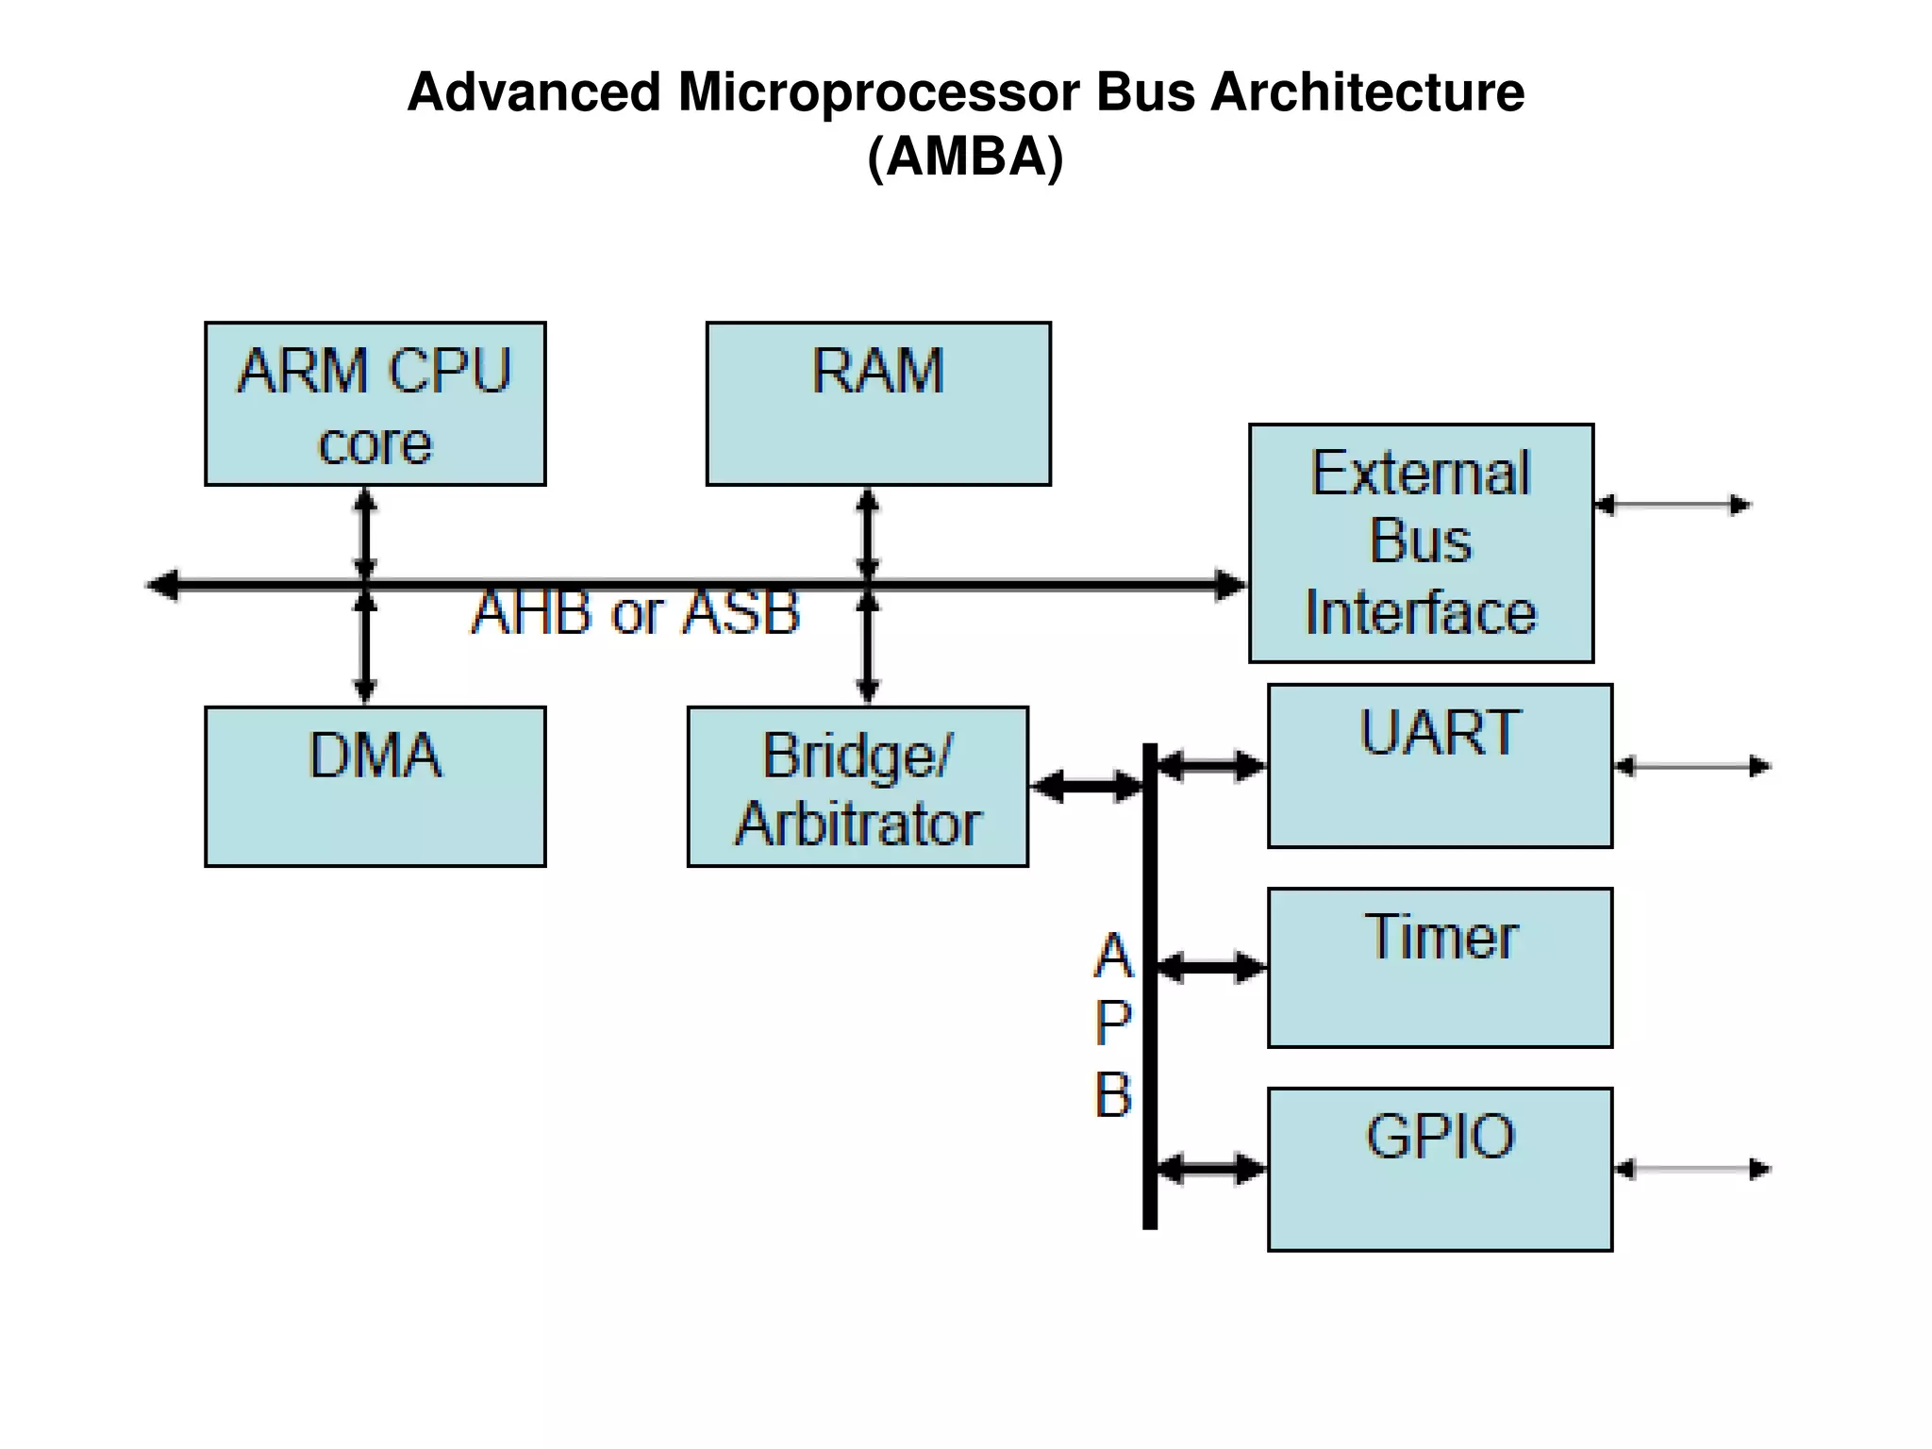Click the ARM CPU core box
tap(375, 404)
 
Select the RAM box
tap(877, 404)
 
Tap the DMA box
tap(375, 786)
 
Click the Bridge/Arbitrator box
tap(858, 786)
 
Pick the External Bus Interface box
tap(1421, 543)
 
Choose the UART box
tap(1440, 766)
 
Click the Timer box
tap(1440, 968)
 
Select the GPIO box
tap(1440, 1170)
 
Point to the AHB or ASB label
tap(635, 612)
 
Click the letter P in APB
tap(1113, 1024)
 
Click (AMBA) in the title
tap(965, 156)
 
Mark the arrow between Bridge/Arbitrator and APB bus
tap(1087, 786)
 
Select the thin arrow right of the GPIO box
tap(1692, 1170)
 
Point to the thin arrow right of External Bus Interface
tap(1673, 505)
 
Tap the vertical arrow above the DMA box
tap(365, 651)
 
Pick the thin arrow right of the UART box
tap(1692, 766)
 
